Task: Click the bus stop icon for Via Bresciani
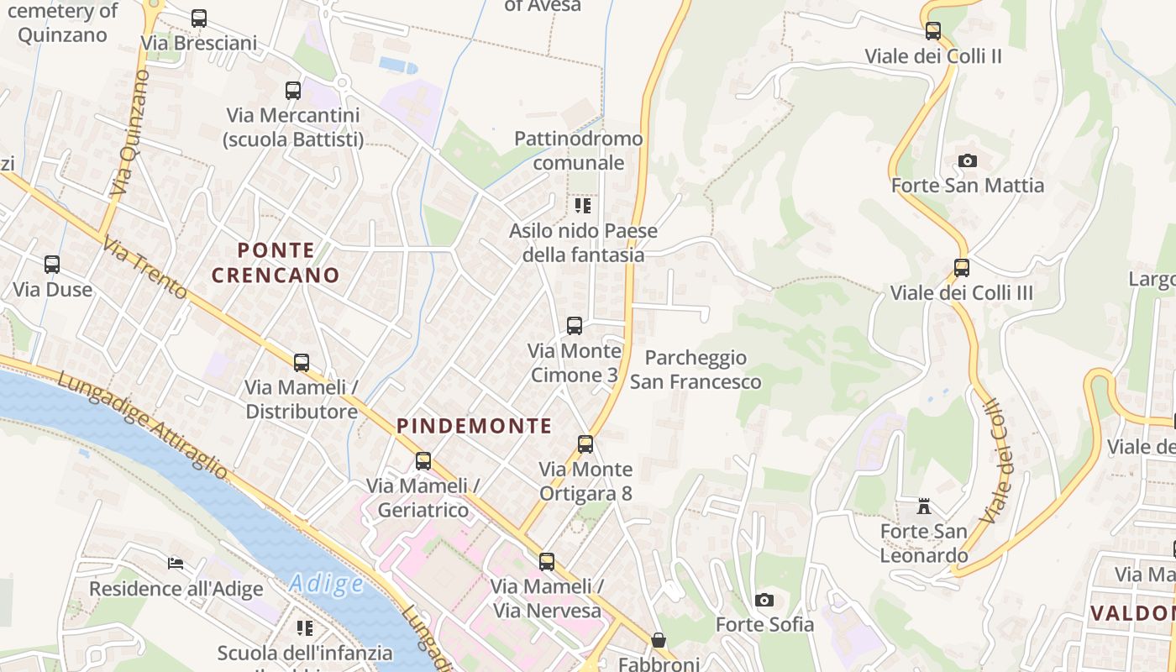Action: (199, 18)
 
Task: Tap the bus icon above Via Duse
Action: (52, 265)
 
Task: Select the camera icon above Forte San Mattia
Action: (968, 160)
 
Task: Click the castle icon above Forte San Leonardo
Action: (924, 507)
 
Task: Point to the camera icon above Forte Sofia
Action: (764, 600)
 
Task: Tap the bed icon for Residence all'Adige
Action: (176, 563)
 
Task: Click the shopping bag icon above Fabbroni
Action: (659, 640)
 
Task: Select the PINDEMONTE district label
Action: (475, 426)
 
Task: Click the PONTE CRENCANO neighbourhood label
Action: (276, 262)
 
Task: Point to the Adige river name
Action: (326, 583)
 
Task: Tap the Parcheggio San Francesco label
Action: (696, 370)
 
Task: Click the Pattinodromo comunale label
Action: (579, 150)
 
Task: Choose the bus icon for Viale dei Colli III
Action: (962, 268)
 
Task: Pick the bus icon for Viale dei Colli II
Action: (933, 32)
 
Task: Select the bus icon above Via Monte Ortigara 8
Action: (585, 444)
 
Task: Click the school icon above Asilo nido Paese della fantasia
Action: (583, 206)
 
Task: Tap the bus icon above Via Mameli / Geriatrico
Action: (423, 461)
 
